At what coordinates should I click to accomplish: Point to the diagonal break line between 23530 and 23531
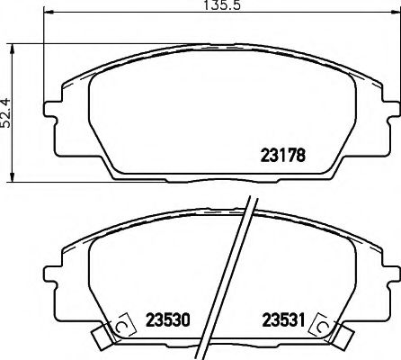pos(227,279)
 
